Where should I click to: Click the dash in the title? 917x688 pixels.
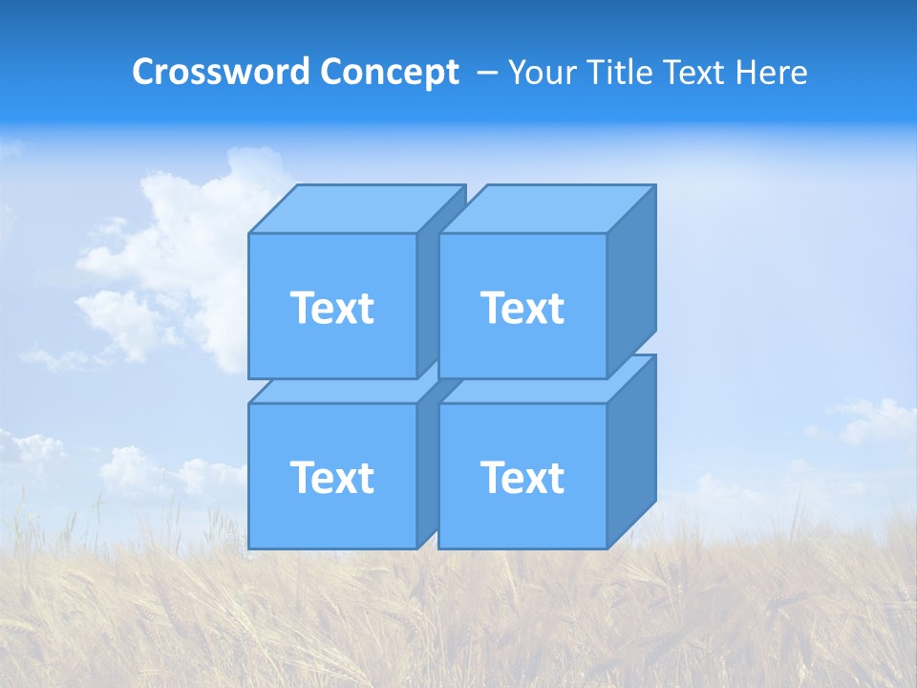point(485,73)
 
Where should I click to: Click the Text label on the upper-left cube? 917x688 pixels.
point(331,308)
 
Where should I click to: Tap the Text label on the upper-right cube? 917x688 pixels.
point(522,308)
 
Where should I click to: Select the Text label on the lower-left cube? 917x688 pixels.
point(331,478)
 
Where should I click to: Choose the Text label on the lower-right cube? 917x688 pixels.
point(522,478)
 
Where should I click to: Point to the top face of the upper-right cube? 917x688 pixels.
point(547,208)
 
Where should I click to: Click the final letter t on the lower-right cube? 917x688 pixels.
point(557,478)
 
